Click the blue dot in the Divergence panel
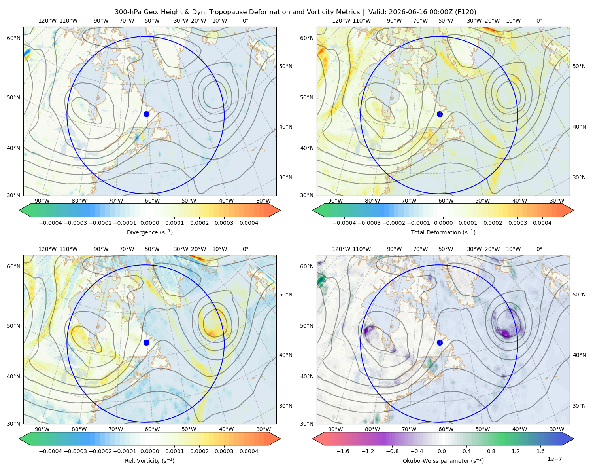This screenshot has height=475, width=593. tap(146, 114)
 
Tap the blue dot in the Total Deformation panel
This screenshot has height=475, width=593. tap(440, 114)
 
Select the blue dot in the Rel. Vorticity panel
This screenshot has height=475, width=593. tap(146, 342)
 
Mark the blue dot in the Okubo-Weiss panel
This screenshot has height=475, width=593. tap(440, 342)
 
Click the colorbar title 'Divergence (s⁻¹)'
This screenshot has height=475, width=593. tap(149, 232)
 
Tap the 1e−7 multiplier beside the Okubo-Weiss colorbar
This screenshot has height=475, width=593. tap(554, 459)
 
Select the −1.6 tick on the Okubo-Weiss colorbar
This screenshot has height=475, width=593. tap(343, 451)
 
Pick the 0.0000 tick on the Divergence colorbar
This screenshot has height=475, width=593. tap(149, 223)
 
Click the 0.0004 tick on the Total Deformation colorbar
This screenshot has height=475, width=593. tap(542, 223)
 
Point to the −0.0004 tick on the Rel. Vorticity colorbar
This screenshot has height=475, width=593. tap(51, 451)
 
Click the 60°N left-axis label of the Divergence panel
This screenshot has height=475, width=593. tap(13, 38)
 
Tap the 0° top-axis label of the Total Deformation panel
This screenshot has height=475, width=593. tap(539, 21)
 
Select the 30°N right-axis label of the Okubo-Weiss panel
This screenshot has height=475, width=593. tap(579, 406)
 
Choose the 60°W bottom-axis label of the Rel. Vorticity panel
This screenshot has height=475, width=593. tap(152, 429)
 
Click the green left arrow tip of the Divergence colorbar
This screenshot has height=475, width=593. tap(19, 210)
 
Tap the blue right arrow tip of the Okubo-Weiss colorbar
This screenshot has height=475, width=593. tap(574, 439)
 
